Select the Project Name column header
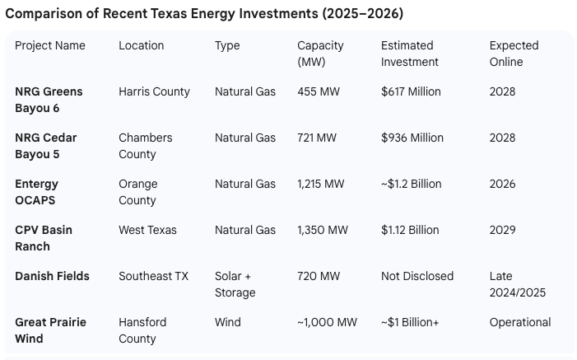[x=50, y=45]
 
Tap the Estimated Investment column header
[x=410, y=54]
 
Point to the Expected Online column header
[x=514, y=54]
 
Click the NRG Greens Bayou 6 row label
[x=49, y=100]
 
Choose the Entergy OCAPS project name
[x=37, y=192]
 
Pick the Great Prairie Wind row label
[x=50, y=330]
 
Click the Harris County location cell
[x=154, y=91]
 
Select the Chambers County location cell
[x=146, y=146]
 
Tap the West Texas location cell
[x=147, y=230]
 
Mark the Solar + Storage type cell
[x=235, y=284]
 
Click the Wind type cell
[x=227, y=322]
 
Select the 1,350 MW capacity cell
[x=323, y=230]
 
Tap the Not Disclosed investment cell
[x=417, y=276]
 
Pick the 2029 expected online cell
[x=502, y=230]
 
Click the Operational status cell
[x=520, y=322]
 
